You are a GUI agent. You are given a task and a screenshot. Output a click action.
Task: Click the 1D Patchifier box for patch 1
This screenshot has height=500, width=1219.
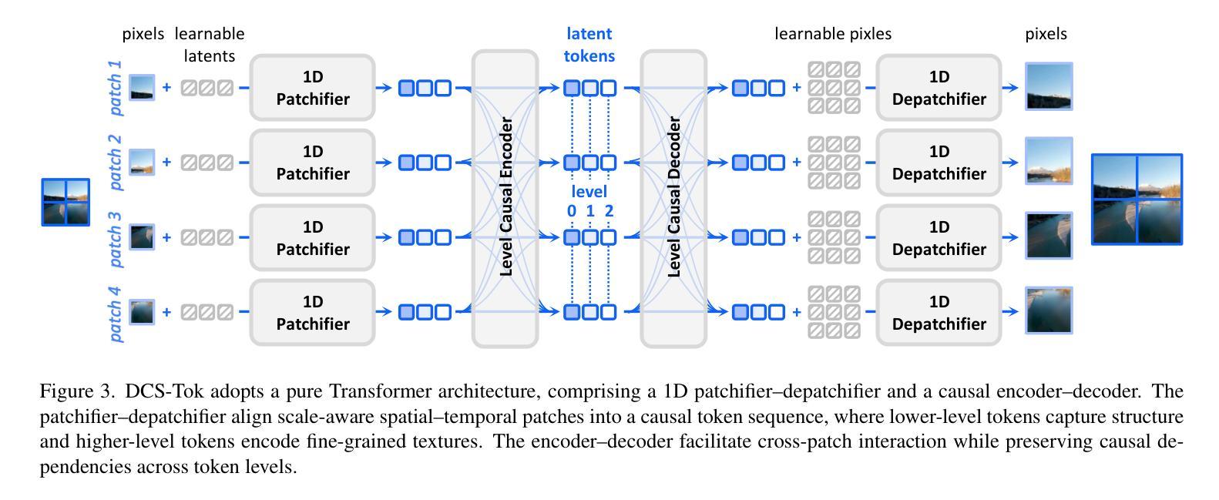312,88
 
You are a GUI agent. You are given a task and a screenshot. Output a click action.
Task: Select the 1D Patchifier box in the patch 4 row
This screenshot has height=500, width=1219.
312,313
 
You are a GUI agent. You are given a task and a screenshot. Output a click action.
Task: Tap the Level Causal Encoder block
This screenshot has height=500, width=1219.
505,199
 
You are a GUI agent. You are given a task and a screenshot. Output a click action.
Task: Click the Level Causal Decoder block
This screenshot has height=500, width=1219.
673,199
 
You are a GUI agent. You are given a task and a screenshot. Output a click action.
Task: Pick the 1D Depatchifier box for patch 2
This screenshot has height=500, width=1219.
939,163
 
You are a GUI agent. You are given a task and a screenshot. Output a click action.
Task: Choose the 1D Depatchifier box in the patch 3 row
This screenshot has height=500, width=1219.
939,238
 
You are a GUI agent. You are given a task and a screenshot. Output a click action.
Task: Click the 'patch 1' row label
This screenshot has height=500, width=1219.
115,88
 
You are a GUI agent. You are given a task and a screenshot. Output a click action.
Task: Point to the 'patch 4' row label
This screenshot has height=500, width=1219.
115,313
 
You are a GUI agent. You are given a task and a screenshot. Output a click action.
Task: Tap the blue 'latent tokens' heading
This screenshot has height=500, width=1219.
589,45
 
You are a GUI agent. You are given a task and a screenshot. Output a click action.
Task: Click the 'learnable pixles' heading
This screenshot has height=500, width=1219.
832,34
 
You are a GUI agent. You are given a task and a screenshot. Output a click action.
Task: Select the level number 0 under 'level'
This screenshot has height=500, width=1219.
572,211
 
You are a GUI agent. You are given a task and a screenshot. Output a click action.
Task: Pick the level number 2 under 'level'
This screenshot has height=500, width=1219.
609,211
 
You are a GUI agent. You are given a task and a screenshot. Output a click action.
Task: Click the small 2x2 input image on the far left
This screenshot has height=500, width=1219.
65,202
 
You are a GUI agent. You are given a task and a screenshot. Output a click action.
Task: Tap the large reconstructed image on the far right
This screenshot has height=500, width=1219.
1137,200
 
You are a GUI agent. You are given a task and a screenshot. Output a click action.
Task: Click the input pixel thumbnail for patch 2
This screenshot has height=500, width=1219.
142,163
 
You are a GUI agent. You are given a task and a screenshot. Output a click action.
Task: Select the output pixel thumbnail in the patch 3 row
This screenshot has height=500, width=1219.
1049,236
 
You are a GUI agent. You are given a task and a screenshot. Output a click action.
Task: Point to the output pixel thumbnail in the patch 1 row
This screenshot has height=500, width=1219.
1049,87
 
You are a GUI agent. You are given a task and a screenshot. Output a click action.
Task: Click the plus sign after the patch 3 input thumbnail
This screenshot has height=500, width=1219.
166,238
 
